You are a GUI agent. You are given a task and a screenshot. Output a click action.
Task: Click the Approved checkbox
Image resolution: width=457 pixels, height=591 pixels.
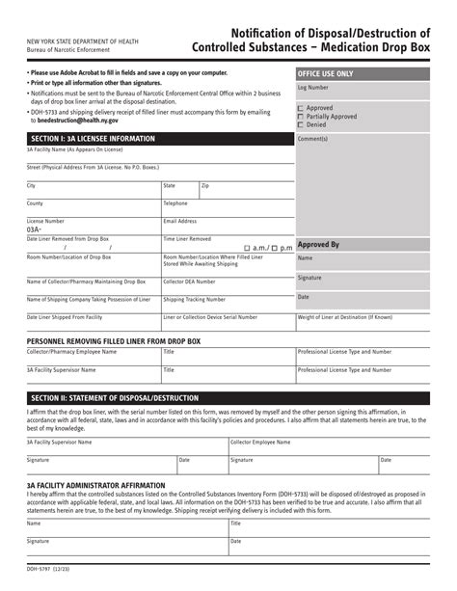(x=301, y=108)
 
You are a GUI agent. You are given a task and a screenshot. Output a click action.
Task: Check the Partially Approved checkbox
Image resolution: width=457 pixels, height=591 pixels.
(x=301, y=117)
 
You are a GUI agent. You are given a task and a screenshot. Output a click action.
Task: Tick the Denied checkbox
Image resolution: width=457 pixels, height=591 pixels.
(x=301, y=124)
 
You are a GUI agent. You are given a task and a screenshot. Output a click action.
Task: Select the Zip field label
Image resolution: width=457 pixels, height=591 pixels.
(x=205, y=185)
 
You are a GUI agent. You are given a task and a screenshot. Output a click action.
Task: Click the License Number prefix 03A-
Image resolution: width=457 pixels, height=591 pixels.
(x=35, y=229)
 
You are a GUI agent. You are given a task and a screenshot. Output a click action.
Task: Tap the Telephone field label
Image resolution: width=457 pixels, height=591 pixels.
(x=175, y=203)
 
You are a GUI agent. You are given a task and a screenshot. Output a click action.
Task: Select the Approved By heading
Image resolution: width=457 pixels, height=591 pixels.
(x=318, y=245)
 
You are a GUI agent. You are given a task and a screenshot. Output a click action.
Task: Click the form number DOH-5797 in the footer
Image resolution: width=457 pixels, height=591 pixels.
(x=36, y=583)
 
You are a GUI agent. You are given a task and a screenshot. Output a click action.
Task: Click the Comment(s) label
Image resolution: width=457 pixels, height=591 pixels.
(x=313, y=139)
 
